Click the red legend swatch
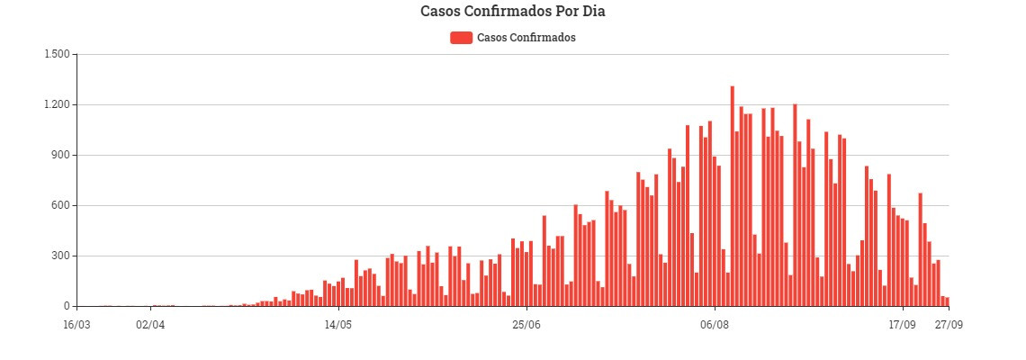click(x=461, y=38)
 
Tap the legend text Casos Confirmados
click(x=526, y=38)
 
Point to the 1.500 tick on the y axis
click(x=57, y=54)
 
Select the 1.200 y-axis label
click(x=57, y=104)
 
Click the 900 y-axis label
click(x=60, y=155)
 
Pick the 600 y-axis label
click(x=60, y=205)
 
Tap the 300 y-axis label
click(x=60, y=256)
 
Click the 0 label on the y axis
click(x=66, y=306)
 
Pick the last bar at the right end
click(x=947, y=301)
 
